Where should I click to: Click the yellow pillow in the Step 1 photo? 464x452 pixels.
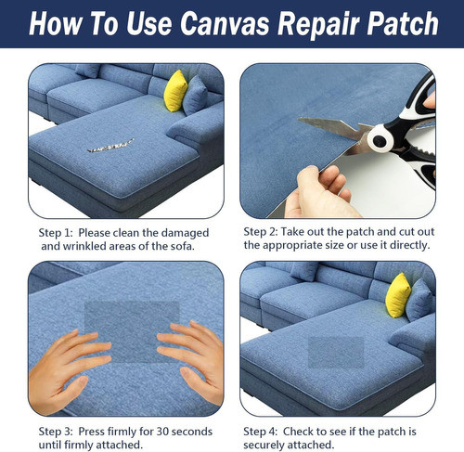tap(175, 91)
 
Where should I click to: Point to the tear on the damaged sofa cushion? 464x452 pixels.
tap(110, 146)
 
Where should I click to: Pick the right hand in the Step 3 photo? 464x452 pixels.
tap(193, 353)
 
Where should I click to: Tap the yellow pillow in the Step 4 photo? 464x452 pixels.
tap(397, 294)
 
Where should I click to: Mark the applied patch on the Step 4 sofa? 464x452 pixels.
tap(337, 351)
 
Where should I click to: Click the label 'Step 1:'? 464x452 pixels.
tap(57, 233)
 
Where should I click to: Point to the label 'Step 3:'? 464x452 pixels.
tap(58, 432)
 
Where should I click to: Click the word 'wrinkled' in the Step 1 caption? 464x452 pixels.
tap(88, 246)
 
